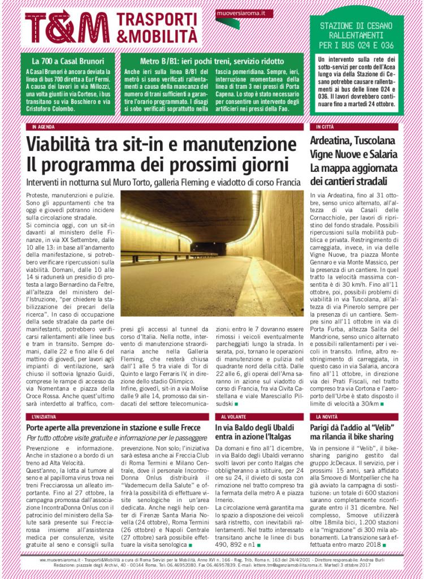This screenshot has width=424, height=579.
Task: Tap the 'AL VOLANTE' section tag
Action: (232, 416)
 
